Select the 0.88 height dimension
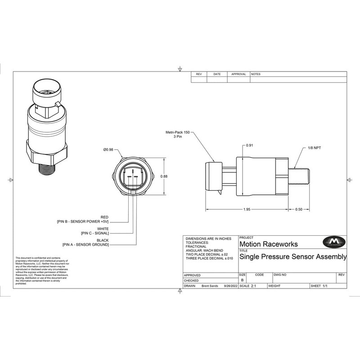164,176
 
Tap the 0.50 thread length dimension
299,210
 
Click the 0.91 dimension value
250,146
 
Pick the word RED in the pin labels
105,217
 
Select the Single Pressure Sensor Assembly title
293,257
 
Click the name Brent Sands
210,286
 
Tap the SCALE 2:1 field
248,286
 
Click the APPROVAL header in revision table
238,74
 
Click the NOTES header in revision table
256,74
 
